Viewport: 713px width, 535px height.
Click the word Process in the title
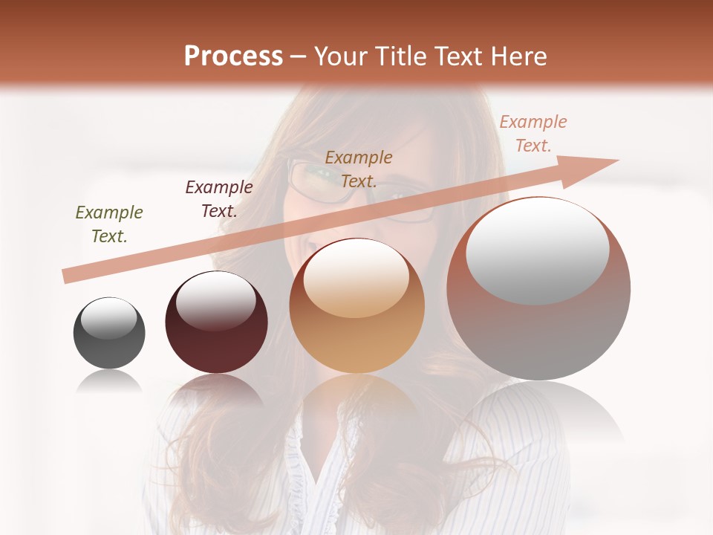click(x=233, y=56)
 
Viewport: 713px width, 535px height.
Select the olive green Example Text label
click(x=109, y=224)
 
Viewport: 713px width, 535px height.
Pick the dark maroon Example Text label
click(x=218, y=199)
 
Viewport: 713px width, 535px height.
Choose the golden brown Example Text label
click(x=359, y=169)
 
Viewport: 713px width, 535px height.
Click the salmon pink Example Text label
click(x=533, y=134)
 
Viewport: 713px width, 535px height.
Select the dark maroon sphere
click(x=216, y=342)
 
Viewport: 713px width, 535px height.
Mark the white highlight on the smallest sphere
click(x=109, y=318)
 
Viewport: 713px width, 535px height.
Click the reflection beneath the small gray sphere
click(x=109, y=382)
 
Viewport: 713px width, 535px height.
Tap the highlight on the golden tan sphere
click(x=356, y=278)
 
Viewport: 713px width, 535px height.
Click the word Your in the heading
click(x=340, y=56)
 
